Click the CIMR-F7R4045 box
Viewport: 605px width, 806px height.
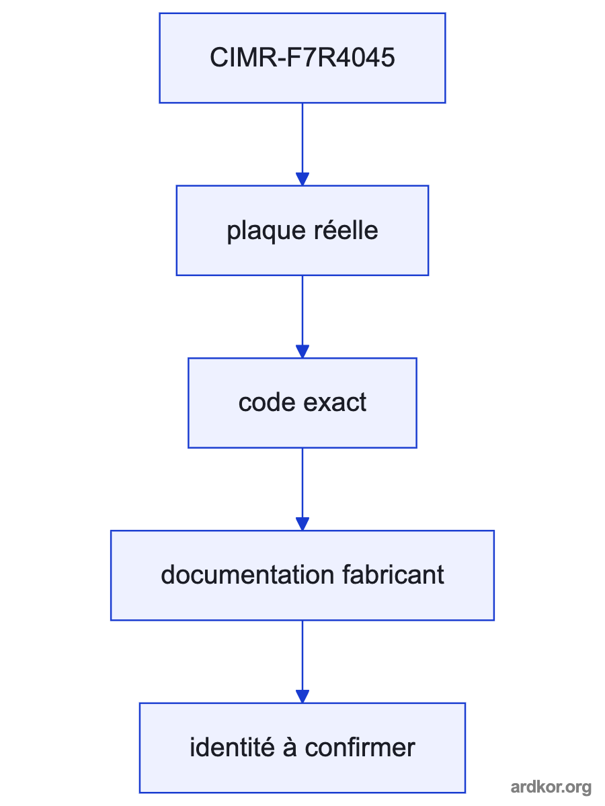[x=302, y=58]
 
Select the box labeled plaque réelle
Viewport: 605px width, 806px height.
[x=302, y=230]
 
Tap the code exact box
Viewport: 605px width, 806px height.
[x=302, y=402]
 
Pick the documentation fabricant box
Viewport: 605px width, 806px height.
[x=302, y=575]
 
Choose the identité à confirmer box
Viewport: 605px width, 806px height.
[x=302, y=748]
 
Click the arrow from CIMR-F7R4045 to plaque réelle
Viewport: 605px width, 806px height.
[x=302, y=144]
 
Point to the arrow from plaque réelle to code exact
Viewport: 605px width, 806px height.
[x=302, y=316]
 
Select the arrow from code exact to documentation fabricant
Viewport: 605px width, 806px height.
[x=302, y=489]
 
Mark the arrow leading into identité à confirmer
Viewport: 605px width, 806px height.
[x=302, y=662]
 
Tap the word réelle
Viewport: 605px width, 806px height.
[x=346, y=230]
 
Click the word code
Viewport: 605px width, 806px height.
[x=267, y=402]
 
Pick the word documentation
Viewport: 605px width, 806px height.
[x=247, y=575]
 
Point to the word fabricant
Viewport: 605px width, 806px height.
[x=393, y=575]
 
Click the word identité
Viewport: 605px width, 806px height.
[x=232, y=748]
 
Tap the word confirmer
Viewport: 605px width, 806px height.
[x=360, y=748]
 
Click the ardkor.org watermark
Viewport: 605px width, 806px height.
[x=551, y=787]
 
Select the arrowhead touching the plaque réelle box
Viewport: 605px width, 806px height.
[x=302, y=179]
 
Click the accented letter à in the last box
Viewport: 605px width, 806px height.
[x=290, y=748]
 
